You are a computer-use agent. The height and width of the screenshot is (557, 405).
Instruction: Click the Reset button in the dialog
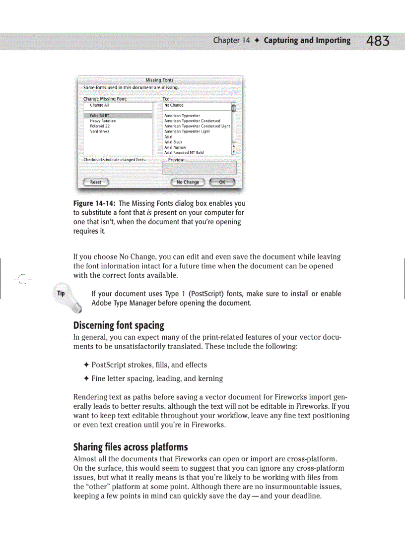tap(96, 182)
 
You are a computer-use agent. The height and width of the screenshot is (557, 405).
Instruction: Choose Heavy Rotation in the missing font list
tap(103, 121)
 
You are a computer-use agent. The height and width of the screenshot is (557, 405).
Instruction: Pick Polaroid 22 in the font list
tap(100, 126)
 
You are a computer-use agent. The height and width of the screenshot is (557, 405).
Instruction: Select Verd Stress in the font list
tap(100, 131)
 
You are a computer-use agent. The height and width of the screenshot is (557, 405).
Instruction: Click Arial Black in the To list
tap(173, 142)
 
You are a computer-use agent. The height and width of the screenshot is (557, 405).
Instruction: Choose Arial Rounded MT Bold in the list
tap(184, 153)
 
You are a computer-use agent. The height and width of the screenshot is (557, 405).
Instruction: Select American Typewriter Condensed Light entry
tap(197, 126)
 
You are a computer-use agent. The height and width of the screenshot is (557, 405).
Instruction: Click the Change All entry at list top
tap(99, 105)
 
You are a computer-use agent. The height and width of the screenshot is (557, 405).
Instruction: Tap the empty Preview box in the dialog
tap(200, 168)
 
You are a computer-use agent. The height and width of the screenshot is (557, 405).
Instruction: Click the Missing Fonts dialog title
tap(159, 80)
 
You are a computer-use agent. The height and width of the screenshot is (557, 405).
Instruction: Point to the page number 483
tap(378, 41)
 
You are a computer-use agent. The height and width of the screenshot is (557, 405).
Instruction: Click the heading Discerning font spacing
tap(119, 326)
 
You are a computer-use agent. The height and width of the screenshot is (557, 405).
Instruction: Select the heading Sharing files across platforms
tap(131, 447)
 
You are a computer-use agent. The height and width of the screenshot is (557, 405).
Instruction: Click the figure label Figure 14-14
tap(94, 203)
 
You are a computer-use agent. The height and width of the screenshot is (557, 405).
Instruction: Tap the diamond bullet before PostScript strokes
tap(86, 365)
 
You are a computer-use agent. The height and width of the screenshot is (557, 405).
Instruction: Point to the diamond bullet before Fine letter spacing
tap(86, 379)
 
